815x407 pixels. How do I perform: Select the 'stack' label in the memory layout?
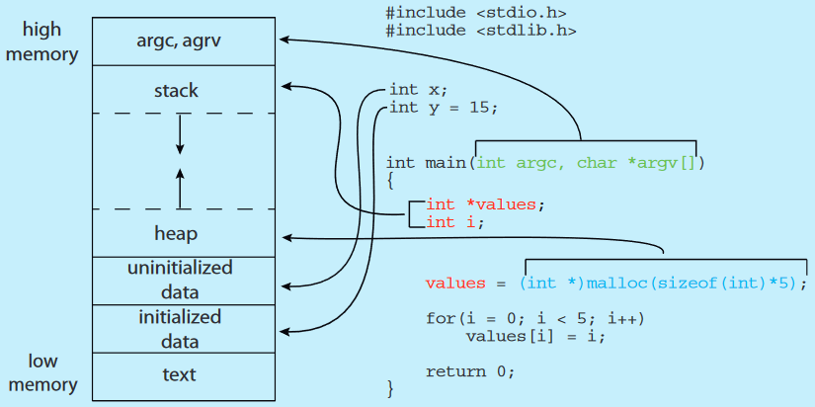coord(176,91)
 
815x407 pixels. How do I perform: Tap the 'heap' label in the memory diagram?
coord(176,234)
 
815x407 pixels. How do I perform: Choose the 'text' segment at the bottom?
coord(179,374)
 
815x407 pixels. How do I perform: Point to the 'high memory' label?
coord(41,41)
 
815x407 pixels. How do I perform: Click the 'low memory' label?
coord(41,372)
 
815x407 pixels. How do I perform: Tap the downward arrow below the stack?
coord(180,133)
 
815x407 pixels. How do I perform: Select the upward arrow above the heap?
coord(180,188)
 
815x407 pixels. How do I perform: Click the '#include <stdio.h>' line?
coord(476,13)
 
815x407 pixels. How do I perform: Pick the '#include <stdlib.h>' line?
coord(480,30)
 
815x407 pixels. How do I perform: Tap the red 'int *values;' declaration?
coord(485,204)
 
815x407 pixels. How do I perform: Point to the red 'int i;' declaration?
coord(455,222)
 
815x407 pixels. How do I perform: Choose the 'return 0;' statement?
coord(470,371)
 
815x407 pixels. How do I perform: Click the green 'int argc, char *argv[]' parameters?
coord(587,162)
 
